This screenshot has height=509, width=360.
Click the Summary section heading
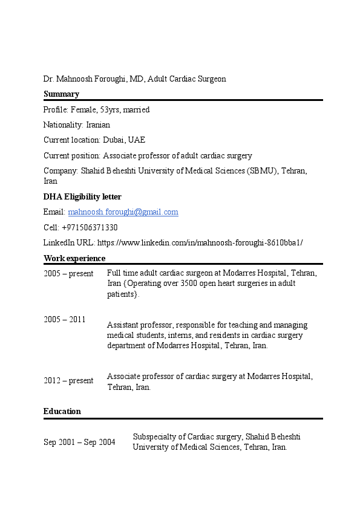[x=61, y=94]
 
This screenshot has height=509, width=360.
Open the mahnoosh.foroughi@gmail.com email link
[x=123, y=212]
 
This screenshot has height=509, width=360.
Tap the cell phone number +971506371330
[x=90, y=228]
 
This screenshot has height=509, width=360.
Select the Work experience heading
[x=74, y=258]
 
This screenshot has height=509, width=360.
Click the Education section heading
[x=62, y=411]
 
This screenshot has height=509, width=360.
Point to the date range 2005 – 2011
[x=64, y=319]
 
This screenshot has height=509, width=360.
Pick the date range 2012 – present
[x=68, y=380]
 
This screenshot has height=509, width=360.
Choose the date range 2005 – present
[x=68, y=273]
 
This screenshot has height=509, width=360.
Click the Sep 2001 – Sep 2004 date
[x=79, y=442]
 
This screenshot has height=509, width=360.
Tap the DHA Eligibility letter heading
[x=82, y=196]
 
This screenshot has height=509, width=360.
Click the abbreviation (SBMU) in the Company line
[x=263, y=171]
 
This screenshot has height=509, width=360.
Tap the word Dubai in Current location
[x=114, y=140]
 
